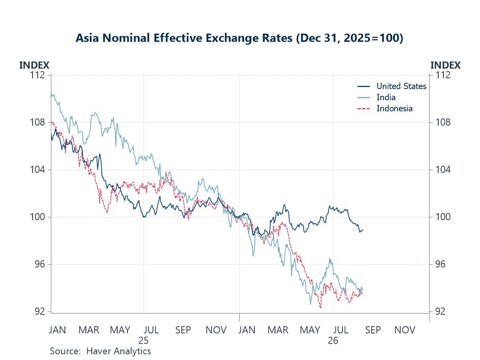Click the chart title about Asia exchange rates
coord(239,38)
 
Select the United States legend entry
coord(392,86)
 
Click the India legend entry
coord(376,97)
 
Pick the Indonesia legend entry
coord(385,108)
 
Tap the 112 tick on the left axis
coord(37,75)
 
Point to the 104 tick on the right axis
coord(443,170)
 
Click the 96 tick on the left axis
coord(40,264)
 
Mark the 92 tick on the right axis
coord(440,312)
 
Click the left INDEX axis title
coord(34,65)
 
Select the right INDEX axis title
coord(445,65)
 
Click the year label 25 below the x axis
coord(143,341)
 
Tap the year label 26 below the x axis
coord(333,341)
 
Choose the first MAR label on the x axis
coord(89,330)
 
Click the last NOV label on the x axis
coord(405,330)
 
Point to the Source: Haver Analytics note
coord(101,351)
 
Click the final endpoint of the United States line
coord(363,230)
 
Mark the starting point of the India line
coord(51,93)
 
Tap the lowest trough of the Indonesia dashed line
coord(321,308)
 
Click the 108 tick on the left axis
coord(37,122)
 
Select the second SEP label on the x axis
coord(373,330)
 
